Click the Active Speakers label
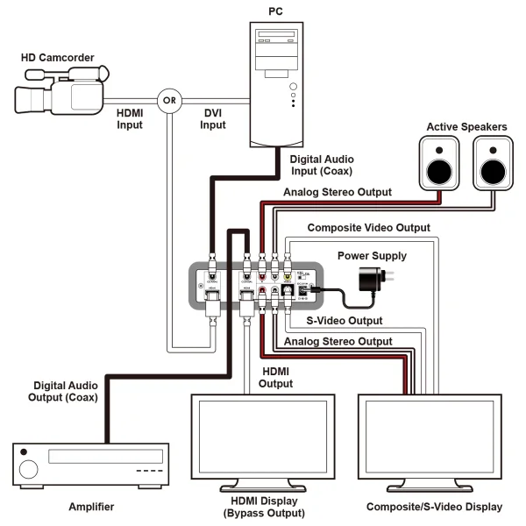point(466,127)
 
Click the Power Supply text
point(373,256)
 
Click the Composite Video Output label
point(368,227)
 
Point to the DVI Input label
point(213,118)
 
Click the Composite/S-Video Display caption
point(433,507)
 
